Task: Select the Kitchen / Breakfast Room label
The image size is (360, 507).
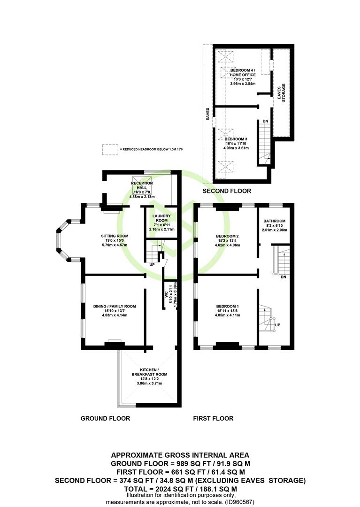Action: tap(149, 372)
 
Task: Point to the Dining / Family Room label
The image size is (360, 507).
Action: tap(115, 306)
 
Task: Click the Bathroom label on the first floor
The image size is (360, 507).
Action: tap(275, 221)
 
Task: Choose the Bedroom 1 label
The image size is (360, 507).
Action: tap(228, 306)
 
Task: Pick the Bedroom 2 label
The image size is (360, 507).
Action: tap(228, 236)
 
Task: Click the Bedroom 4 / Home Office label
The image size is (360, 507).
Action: tap(243, 72)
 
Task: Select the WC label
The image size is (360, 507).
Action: tap(166, 294)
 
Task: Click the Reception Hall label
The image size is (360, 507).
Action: tap(142, 185)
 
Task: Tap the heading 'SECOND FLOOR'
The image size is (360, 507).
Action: tap(227, 191)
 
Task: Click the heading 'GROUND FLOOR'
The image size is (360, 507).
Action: tap(105, 418)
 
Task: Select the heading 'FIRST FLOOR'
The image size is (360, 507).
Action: tap(213, 418)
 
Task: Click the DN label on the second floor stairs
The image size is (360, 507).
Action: tap(265, 121)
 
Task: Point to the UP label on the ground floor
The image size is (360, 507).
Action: tap(152, 265)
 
